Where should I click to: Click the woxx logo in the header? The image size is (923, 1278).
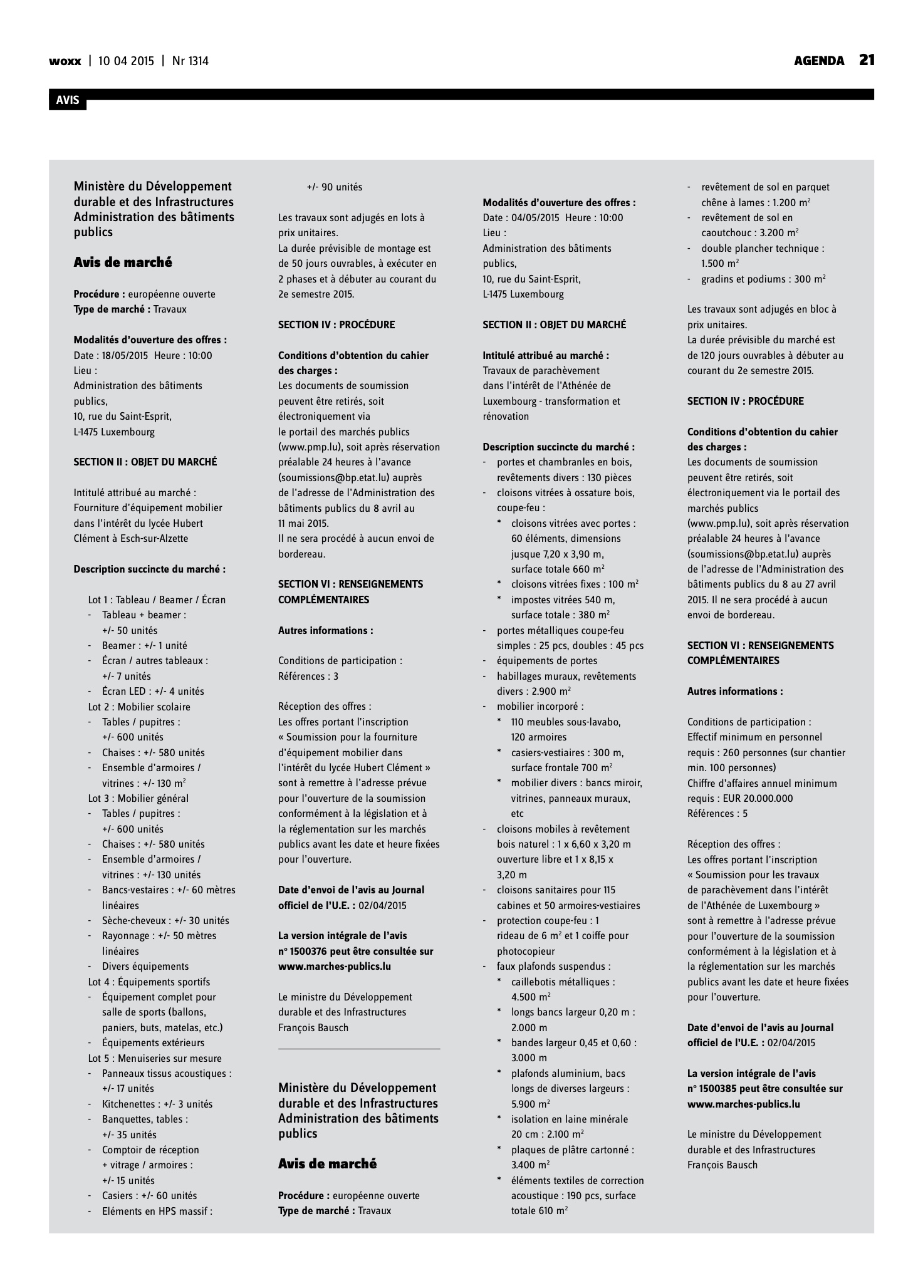pos(65,61)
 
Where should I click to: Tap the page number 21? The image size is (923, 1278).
pos(867,60)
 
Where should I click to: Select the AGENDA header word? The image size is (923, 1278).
pos(818,61)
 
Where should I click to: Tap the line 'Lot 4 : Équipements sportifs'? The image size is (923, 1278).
pos(149,982)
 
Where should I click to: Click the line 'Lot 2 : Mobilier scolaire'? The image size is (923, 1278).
pos(139,707)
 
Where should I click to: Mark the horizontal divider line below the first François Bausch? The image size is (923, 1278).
pos(359,1049)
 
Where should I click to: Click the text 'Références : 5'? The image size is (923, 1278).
pos(717,814)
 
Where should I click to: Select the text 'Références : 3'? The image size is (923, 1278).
pos(308,676)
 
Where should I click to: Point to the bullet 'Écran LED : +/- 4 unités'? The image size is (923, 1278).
pos(153,692)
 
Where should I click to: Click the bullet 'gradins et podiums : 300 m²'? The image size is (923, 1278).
pos(763,279)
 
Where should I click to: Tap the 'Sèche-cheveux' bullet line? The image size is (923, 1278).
pos(165,921)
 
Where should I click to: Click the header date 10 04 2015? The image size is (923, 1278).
pos(126,61)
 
